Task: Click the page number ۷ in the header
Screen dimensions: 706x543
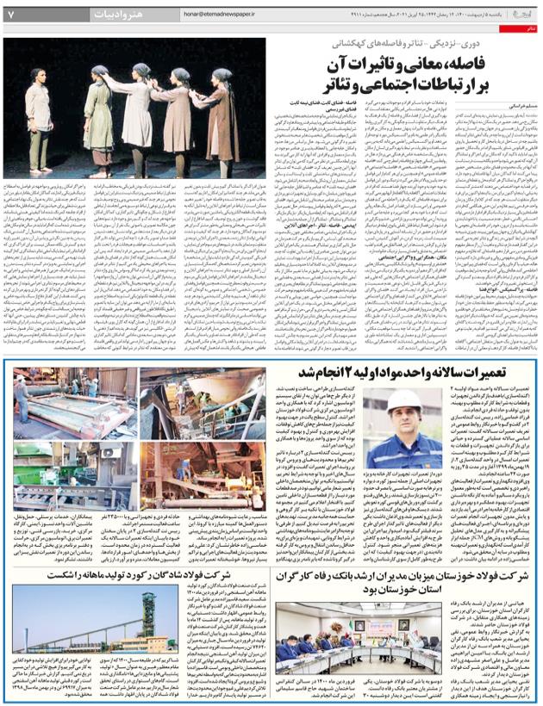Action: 11,15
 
